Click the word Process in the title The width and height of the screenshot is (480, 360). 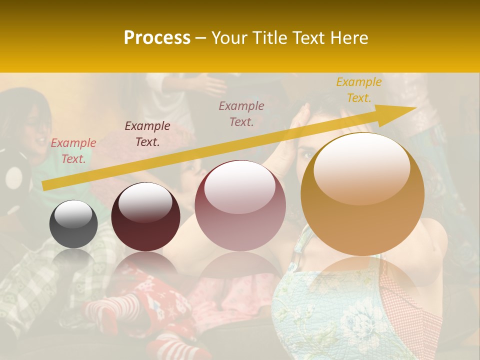click(x=157, y=38)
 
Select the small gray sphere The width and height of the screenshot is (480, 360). click(x=73, y=224)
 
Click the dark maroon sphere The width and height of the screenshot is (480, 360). click(x=145, y=217)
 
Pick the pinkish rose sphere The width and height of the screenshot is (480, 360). click(x=240, y=206)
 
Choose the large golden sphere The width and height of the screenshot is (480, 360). click(x=362, y=195)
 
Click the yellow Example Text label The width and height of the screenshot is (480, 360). click(x=358, y=90)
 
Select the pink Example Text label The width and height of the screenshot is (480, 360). click(x=73, y=151)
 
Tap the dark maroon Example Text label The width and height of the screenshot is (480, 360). click(x=147, y=134)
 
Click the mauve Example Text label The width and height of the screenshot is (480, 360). click(x=241, y=114)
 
